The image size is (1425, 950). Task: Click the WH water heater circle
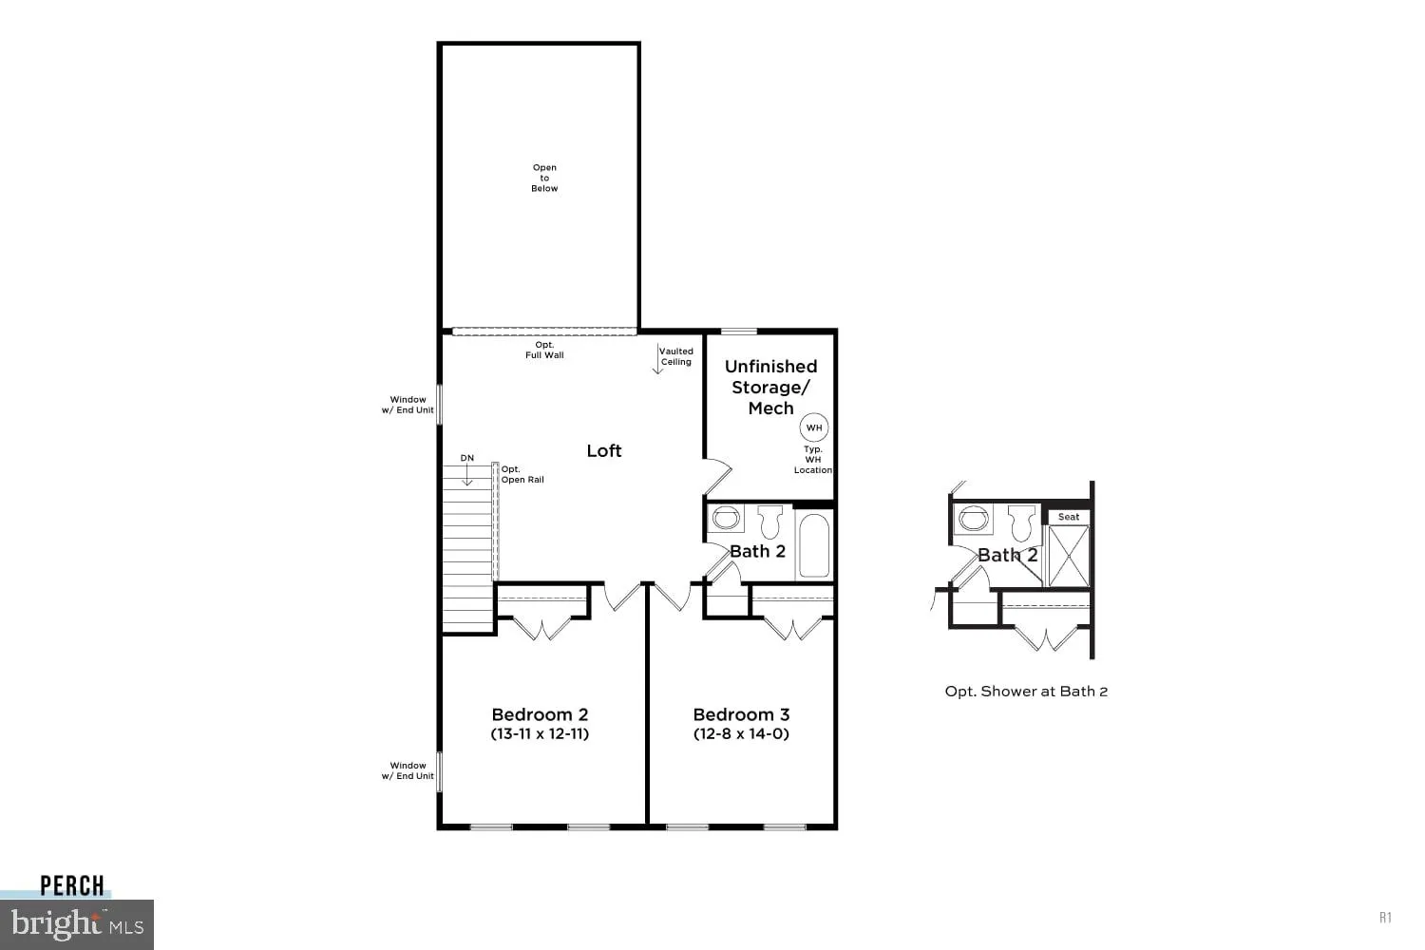(814, 427)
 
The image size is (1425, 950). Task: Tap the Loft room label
(604, 450)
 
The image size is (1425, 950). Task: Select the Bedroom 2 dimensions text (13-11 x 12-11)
(540, 733)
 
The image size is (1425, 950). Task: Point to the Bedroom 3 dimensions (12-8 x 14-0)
(741, 733)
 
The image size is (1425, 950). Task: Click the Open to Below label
(544, 178)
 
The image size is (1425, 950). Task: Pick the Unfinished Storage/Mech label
(770, 387)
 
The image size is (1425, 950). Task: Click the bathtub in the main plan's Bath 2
(814, 545)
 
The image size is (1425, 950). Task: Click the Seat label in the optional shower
(1069, 517)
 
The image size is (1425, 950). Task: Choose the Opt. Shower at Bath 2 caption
(1026, 692)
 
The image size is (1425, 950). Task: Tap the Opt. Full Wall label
(544, 350)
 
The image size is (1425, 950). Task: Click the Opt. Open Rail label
(522, 474)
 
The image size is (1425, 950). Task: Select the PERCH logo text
(72, 885)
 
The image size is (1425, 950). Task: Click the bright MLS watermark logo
(78, 924)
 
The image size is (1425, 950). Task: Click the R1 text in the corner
(1385, 917)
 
